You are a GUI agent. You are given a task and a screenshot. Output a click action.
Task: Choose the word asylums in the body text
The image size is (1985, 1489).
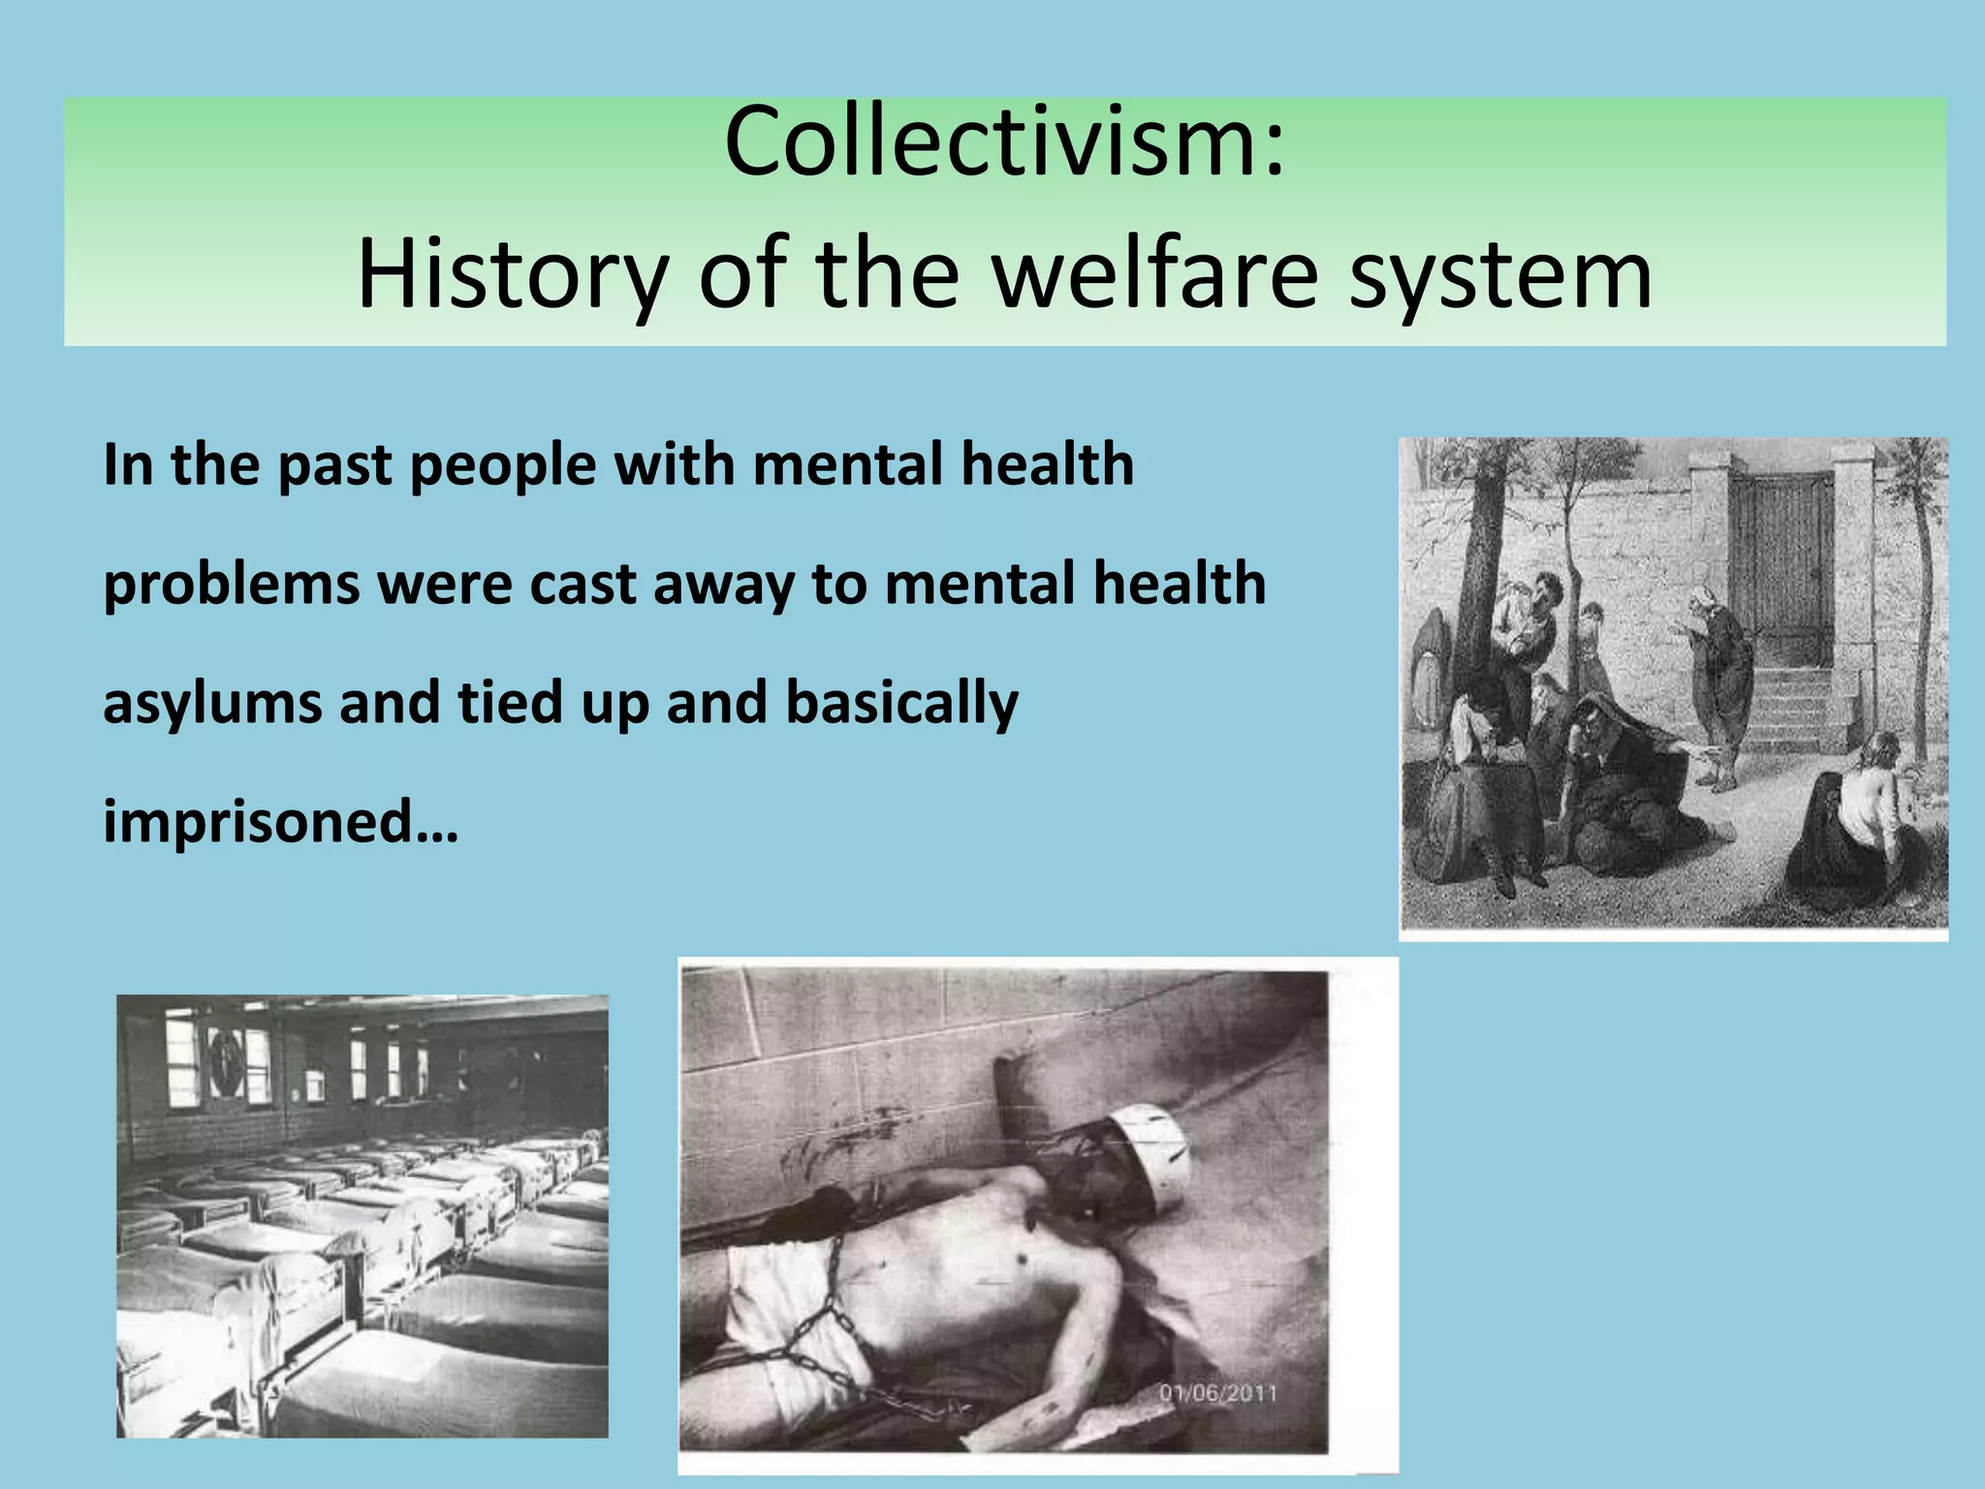[211, 705]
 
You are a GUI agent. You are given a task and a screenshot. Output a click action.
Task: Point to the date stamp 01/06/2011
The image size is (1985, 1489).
[1217, 1393]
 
